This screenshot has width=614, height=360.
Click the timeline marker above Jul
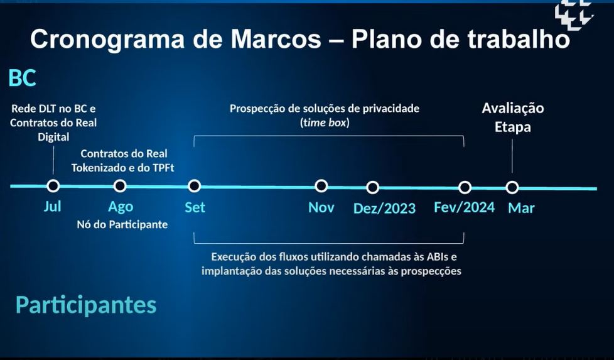[x=53, y=186]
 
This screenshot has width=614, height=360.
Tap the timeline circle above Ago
[x=120, y=186]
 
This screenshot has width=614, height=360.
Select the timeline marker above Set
[x=194, y=186]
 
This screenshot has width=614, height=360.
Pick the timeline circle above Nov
[x=321, y=186]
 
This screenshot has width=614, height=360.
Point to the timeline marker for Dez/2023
[x=372, y=187]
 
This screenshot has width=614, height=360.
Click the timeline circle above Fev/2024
[x=465, y=188]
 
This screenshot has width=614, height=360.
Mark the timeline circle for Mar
[x=512, y=188]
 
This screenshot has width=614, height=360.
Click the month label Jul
[x=53, y=206]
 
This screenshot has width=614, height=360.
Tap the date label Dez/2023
[x=384, y=209]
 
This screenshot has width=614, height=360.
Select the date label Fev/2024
[x=464, y=207]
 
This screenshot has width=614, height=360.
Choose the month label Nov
[x=321, y=207]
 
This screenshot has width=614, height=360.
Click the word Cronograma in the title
[x=107, y=40]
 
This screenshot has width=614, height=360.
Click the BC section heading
[x=23, y=78]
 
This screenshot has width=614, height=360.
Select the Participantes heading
[x=86, y=305]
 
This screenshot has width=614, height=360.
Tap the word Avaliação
[x=512, y=108]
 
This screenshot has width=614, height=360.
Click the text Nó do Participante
[x=122, y=224]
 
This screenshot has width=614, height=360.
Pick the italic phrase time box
[x=325, y=123]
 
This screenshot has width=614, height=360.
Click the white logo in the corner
[x=574, y=14]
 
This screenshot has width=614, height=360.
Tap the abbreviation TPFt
[x=162, y=168]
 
